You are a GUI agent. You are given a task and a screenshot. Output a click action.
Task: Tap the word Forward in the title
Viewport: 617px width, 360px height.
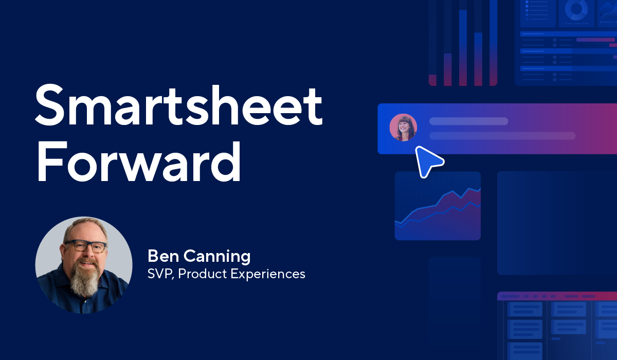click(139, 160)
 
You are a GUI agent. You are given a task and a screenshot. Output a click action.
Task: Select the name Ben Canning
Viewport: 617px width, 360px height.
click(199, 256)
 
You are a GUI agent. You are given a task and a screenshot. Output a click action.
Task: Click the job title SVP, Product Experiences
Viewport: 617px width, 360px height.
click(226, 274)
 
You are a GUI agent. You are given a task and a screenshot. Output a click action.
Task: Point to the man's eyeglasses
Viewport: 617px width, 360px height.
click(85, 246)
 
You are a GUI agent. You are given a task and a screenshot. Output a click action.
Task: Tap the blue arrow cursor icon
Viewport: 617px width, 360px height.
click(428, 161)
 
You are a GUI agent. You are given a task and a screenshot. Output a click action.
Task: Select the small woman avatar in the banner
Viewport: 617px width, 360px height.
click(403, 128)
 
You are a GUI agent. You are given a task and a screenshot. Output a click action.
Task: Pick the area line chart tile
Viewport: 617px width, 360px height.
click(438, 206)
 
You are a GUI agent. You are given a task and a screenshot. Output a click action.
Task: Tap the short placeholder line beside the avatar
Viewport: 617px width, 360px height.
click(468, 121)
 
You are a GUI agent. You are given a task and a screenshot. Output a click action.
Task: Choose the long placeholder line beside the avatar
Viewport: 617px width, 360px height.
click(502, 136)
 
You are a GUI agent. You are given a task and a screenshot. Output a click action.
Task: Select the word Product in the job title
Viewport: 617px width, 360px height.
click(202, 274)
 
